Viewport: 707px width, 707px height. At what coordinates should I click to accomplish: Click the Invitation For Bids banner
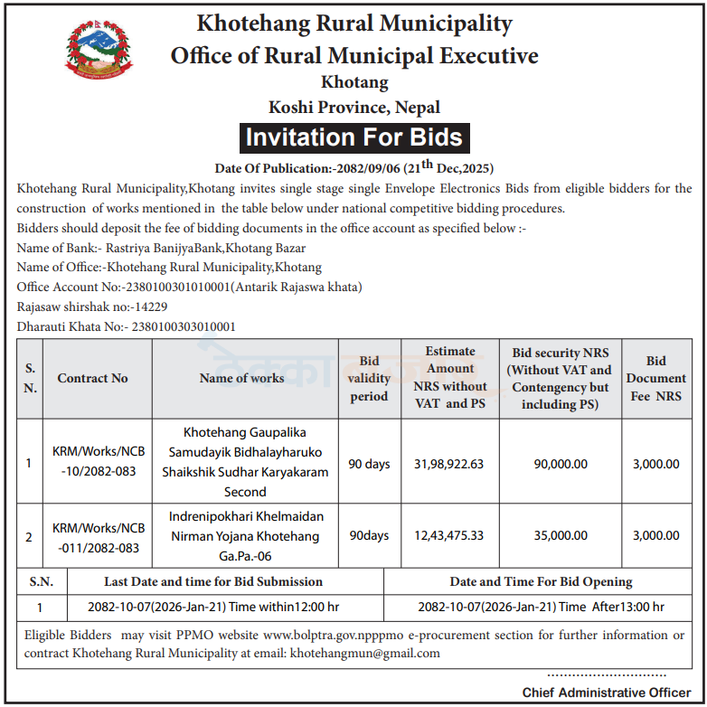pyautogui.click(x=354, y=137)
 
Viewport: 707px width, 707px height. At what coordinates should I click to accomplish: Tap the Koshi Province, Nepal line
pyautogui.click(x=354, y=107)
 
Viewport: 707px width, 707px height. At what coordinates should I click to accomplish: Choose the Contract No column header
pyautogui.click(x=93, y=378)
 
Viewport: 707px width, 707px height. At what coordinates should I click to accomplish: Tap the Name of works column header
pyautogui.click(x=241, y=378)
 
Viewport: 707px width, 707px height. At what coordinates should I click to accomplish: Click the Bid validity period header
pyautogui.click(x=369, y=379)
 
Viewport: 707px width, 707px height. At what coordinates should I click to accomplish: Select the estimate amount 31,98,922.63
pyautogui.click(x=449, y=464)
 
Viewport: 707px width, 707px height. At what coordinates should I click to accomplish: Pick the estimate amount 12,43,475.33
pyautogui.click(x=449, y=535)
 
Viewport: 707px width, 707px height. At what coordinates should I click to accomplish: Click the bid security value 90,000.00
pyautogui.click(x=561, y=464)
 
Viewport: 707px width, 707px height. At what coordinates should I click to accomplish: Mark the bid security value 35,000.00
pyautogui.click(x=561, y=535)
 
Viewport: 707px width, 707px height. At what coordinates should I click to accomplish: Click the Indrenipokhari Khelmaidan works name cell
pyautogui.click(x=245, y=536)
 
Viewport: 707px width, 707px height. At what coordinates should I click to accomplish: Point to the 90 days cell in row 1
pyautogui.click(x=369, y=464)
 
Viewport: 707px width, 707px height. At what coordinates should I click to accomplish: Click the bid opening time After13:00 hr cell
pyautogui.click(x=541, y=607)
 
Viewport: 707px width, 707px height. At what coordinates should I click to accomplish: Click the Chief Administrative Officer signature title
pyautogui.click(x=606, y=692)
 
